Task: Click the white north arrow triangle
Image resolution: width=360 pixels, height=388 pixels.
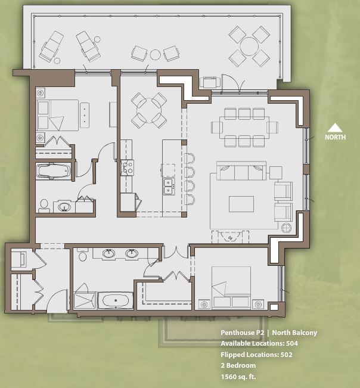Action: (x=336, y=127)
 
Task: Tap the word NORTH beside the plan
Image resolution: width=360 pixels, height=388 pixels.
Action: (x=336, y=137)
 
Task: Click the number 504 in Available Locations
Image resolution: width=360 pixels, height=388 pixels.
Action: (x=291, y=344)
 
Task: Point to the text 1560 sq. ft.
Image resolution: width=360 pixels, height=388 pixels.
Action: (x=238, y=377)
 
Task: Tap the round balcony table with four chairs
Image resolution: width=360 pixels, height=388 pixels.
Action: (x=249, y=46)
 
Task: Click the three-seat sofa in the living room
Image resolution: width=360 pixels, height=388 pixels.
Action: (x=241, y=172)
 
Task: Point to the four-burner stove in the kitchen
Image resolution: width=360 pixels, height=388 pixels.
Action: (x=127, y=167)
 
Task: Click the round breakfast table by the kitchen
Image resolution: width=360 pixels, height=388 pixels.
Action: (x=148, y=110)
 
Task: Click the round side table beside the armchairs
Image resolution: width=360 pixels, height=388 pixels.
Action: (x=286, y=228)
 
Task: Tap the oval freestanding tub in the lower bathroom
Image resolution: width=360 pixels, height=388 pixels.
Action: (x=115, y=300)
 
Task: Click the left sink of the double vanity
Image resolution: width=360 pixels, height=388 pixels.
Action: (x=108, y=253)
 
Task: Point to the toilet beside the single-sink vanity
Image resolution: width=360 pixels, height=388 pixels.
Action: (x=44, y=205)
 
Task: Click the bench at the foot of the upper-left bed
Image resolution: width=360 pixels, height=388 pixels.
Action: (x=85, y=114)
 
